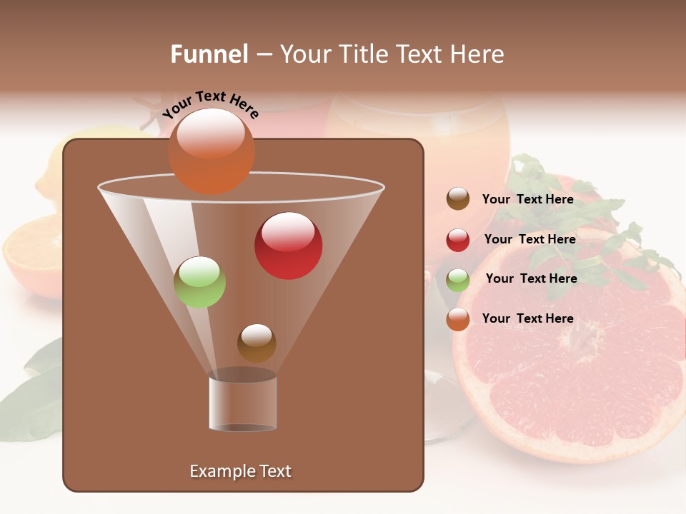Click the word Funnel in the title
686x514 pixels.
(209, 54)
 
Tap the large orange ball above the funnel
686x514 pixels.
(211, 151)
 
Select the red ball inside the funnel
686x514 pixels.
(289, 246)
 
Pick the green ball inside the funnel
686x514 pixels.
(200, 282)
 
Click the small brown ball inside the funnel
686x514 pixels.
(257, 343)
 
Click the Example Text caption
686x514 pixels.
(240, 471)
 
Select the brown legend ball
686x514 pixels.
(458, 199)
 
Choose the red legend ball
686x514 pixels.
(458, 239)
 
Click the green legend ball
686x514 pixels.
(458, 279)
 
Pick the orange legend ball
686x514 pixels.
(458, 319)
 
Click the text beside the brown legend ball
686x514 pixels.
(527, 199)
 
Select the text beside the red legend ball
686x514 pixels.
(530, 239)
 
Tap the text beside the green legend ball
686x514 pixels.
(531, 278)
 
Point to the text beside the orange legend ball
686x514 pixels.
(527, 318)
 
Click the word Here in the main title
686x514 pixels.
(478, 54)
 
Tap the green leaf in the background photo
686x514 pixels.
(32, 403)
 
